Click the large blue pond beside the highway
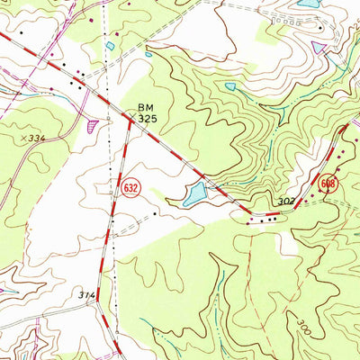pos(195,193)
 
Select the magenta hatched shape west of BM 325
pos(93,127)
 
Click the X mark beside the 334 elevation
pos(20,138)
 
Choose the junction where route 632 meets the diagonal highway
pos(131,120)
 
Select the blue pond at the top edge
pos(307,4)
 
